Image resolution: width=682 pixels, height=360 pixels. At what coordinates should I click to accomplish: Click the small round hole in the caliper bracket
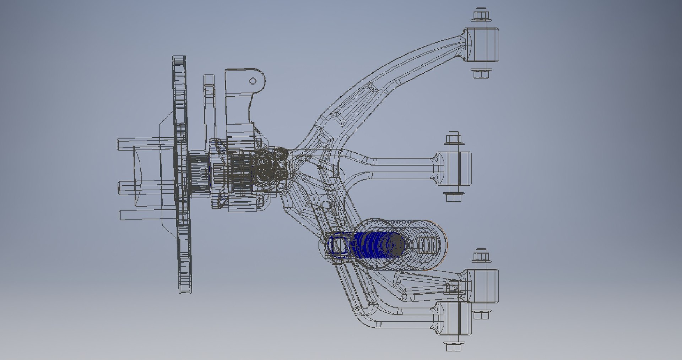tap(253, 81)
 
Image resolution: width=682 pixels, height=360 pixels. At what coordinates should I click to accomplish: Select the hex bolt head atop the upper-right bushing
tap(482, 15)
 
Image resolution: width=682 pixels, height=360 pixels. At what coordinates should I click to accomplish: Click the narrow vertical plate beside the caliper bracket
tap(209, 107)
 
